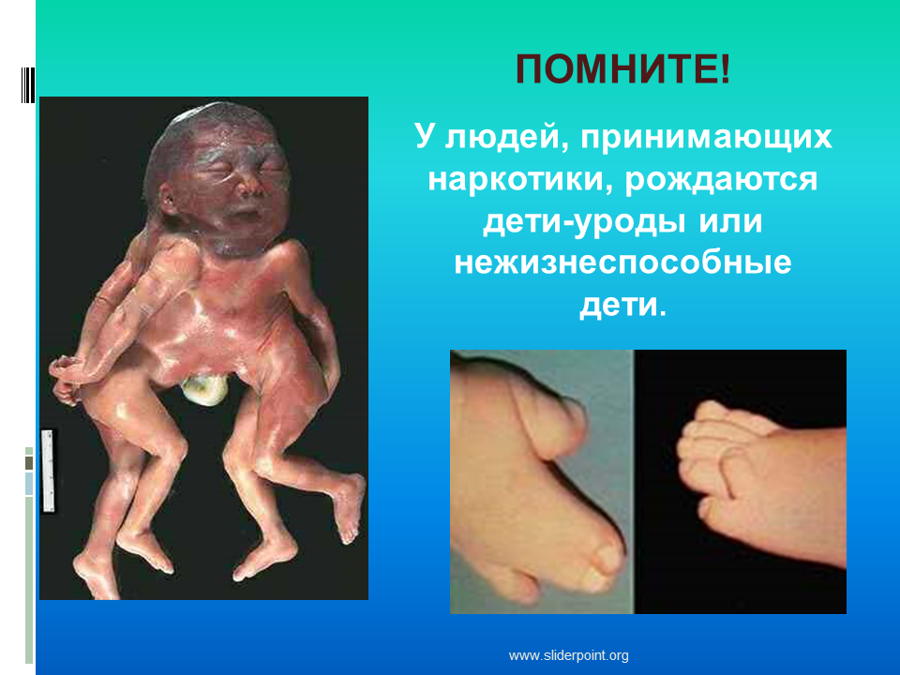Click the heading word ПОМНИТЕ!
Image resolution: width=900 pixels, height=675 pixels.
[622, 69]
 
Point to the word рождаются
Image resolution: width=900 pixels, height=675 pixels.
[721, 181]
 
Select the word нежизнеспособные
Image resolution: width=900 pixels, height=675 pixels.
[622, 263]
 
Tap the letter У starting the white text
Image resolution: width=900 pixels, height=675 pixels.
[424, 138]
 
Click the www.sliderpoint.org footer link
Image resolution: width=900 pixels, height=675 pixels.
[568, 655]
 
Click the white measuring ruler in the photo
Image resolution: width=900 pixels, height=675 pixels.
[48, 470]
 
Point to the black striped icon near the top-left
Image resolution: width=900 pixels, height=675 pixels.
[27, 85]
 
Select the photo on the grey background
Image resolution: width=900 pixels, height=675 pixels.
[542, 482]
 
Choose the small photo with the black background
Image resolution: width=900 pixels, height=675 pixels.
[741, 482]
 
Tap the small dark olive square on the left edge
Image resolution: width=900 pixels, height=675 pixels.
[29, 462]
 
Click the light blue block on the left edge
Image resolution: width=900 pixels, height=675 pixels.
[29, 484]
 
